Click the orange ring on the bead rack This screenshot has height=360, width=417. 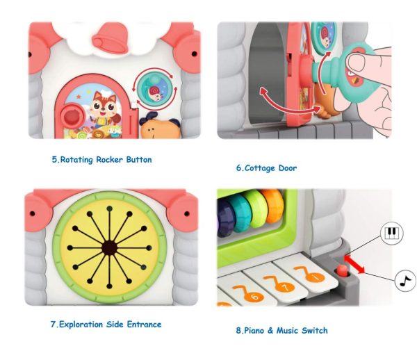click(274, 205)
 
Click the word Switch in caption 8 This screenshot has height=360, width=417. click(313, 330)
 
